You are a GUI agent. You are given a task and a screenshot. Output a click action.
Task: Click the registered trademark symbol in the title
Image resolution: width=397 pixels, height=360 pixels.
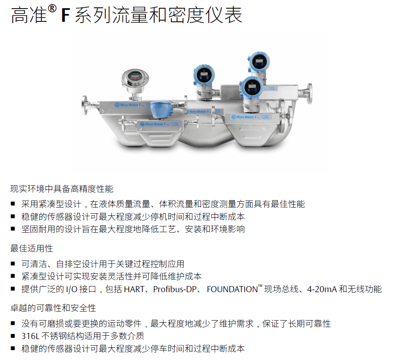(52, 9)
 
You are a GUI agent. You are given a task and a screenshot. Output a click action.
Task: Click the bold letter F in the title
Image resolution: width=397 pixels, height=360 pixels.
(65, 15)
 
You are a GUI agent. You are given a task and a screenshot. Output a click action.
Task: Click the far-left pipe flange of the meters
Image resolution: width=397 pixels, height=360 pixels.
(85, 105)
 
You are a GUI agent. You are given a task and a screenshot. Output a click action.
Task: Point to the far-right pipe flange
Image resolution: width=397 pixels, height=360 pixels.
(309, 93)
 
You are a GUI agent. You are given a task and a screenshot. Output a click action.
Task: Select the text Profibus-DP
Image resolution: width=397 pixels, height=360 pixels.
(175, 289)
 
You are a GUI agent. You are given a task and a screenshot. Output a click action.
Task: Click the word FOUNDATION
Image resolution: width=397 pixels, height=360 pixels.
(232, 289)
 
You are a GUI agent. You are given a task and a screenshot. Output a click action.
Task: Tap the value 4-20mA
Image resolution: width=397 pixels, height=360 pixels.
(322, 289)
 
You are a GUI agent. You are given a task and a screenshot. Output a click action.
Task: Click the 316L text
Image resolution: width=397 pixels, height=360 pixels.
(30, 336)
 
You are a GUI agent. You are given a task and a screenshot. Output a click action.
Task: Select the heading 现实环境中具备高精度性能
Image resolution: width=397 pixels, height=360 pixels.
(62, 189)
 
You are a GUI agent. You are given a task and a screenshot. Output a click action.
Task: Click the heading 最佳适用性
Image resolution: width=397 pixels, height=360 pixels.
(32, 248)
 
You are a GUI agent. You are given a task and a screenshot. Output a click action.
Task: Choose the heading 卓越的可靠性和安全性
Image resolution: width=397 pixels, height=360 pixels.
(53, 308)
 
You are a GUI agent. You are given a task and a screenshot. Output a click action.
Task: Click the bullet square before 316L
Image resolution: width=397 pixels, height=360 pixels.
(13, 336)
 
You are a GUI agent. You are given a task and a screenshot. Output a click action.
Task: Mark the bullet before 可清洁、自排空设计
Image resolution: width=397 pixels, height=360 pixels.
(13, 264)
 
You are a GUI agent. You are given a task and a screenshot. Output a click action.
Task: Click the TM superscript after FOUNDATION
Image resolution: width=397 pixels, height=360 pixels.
(260, 286)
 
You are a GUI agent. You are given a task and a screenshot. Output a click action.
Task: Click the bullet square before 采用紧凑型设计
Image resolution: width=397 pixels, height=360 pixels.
(13, 204)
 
